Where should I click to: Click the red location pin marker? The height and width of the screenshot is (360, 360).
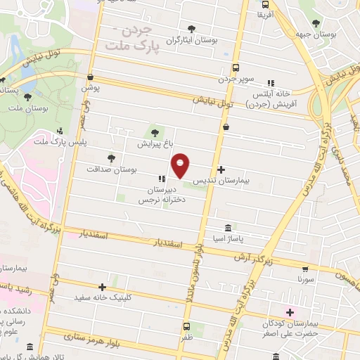[181, 166]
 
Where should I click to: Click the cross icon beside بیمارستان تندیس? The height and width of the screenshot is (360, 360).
[221, 169]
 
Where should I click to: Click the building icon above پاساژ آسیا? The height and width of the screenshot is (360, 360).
[229, 229]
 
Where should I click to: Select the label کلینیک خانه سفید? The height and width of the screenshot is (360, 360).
[103, 297]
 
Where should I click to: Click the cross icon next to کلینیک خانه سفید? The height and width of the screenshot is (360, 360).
[103, 287]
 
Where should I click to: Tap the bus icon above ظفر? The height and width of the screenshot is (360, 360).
[186, 327]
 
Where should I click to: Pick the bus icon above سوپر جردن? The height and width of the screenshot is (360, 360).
[236, 69]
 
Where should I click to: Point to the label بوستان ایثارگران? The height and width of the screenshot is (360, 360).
[192, 40]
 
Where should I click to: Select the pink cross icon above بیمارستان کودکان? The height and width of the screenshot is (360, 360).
[289, 311]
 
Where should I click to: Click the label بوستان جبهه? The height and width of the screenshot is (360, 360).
[331, 34]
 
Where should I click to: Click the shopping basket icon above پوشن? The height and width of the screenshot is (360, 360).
[90, 77]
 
